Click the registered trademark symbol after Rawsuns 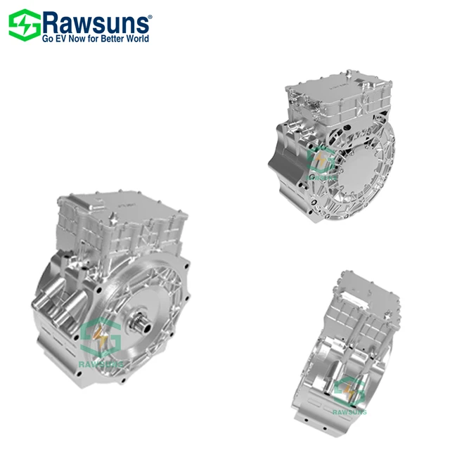pyautogui.click(x=148, y=13)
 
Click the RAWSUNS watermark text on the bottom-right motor pyautogui.click(x=349, y=412)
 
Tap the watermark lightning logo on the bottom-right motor pyautogui.click(x=349, y=391)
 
